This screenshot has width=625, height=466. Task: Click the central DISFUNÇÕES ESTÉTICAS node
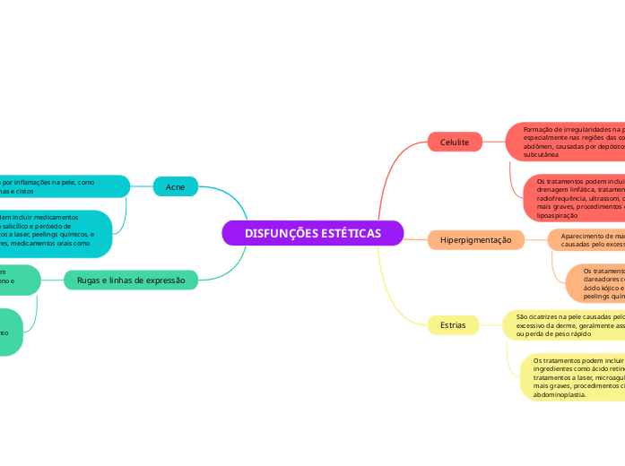312,233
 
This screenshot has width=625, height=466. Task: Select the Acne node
176,186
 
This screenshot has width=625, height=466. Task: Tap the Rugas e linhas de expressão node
131,280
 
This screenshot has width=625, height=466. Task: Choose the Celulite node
455,142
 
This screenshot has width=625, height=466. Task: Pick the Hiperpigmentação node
475,239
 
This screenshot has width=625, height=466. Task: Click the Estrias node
453,324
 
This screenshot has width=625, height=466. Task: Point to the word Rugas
91,280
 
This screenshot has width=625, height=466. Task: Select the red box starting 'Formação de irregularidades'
565,141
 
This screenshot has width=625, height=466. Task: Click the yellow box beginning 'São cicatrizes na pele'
563,324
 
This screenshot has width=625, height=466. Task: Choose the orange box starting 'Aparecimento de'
586,239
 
